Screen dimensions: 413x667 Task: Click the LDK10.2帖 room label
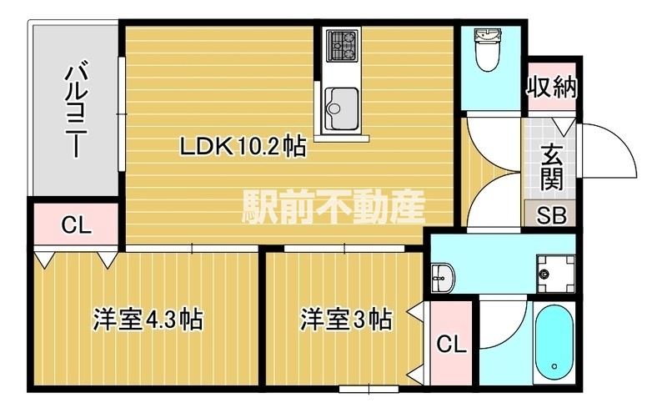point(243,149)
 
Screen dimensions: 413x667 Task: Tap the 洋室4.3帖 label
point(148,320)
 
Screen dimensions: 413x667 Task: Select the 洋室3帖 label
point(345,319)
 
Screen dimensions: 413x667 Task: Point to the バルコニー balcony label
point(77,108)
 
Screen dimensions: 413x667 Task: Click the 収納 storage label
point(552,87)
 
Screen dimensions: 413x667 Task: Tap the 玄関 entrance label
point(551,167)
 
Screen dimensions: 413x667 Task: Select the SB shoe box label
point(551,214)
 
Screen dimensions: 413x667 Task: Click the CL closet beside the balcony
point(76,225)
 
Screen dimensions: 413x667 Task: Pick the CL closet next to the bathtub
point(450,343)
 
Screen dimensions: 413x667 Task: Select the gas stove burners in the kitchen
point(342,45)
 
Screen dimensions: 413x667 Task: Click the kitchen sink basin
point(341,104)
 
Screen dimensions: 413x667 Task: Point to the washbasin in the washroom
point(442,276)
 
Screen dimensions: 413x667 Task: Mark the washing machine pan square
point(553,272)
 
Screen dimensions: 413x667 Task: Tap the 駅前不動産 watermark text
point(334,204)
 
